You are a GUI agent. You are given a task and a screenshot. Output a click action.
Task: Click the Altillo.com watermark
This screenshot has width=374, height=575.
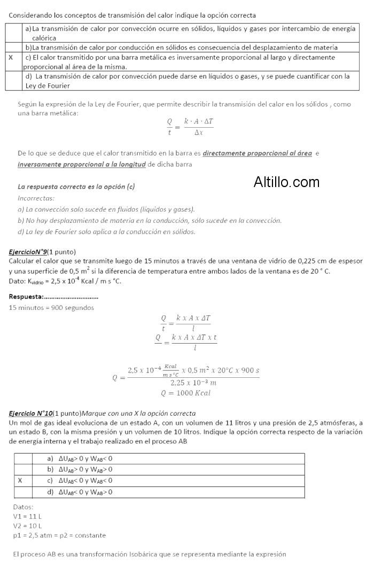286,182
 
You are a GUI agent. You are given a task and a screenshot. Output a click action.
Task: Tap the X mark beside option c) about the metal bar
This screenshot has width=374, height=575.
11,57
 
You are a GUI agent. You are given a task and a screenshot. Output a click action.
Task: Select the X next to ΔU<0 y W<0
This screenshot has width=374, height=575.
20,480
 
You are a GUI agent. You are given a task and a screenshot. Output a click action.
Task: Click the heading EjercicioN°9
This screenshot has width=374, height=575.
28,252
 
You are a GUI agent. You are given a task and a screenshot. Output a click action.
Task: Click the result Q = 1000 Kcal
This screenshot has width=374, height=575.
185,393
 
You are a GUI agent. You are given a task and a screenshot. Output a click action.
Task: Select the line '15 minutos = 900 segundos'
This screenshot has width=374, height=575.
51,307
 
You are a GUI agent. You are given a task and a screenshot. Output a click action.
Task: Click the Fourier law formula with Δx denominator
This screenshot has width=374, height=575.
190,127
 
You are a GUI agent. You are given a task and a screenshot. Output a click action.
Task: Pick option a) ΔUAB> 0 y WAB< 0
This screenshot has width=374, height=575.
80,459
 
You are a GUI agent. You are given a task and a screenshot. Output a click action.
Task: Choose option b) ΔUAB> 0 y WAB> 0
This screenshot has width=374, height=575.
80,469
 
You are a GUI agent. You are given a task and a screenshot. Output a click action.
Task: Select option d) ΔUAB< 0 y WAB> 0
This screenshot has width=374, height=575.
80,492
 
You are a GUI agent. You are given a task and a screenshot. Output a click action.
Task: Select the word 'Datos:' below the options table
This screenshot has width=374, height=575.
23,507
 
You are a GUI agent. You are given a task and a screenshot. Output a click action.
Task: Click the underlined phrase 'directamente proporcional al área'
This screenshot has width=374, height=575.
257,153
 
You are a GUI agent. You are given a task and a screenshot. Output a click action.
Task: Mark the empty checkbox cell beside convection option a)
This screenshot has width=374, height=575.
14,33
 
